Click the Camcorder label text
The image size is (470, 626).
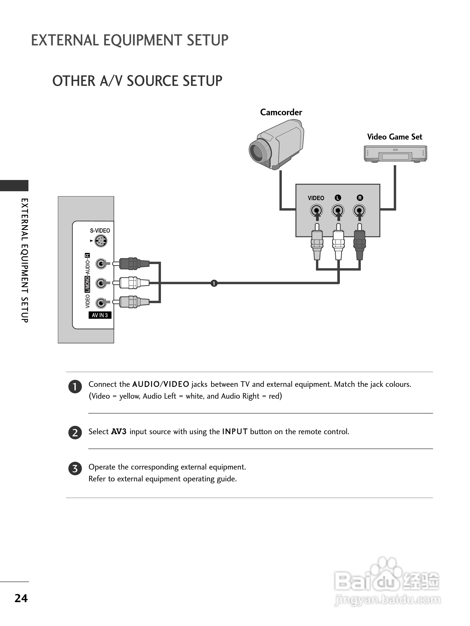[281, 112]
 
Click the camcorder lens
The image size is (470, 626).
[258, 152]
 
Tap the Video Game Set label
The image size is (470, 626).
[394, 137]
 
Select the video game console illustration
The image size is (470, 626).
[395, 154]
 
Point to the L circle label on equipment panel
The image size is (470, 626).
[337, 198]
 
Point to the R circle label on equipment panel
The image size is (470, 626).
[360, 198]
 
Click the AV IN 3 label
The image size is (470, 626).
[100, 315]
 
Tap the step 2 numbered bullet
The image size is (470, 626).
[75, 432]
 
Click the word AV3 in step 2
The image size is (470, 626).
[119, 432]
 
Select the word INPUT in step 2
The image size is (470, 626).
[235, 432]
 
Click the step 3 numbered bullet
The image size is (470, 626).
[75, 469]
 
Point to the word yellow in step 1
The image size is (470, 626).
[129, 396]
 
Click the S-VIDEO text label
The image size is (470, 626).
[100, 231]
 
